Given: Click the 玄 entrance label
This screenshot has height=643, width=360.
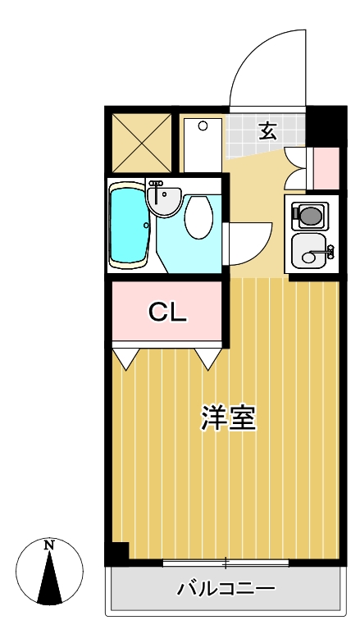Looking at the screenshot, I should pos(267,130).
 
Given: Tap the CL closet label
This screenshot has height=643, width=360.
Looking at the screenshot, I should pos(168,312).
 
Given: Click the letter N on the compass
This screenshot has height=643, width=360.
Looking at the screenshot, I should pos(49,545).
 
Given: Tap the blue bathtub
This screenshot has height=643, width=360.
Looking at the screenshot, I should pos(129,225).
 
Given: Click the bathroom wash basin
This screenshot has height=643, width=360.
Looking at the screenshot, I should pos(164,199).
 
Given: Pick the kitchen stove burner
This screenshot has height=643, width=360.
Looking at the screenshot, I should pos(311,215).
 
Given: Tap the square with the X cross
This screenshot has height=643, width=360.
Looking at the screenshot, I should pos(141,142).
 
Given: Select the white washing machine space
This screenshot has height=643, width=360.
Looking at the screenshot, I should pos(201,144).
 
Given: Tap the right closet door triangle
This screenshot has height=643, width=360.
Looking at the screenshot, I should pos(209,358).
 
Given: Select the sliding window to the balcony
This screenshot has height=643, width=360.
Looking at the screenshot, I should pos(226,563).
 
